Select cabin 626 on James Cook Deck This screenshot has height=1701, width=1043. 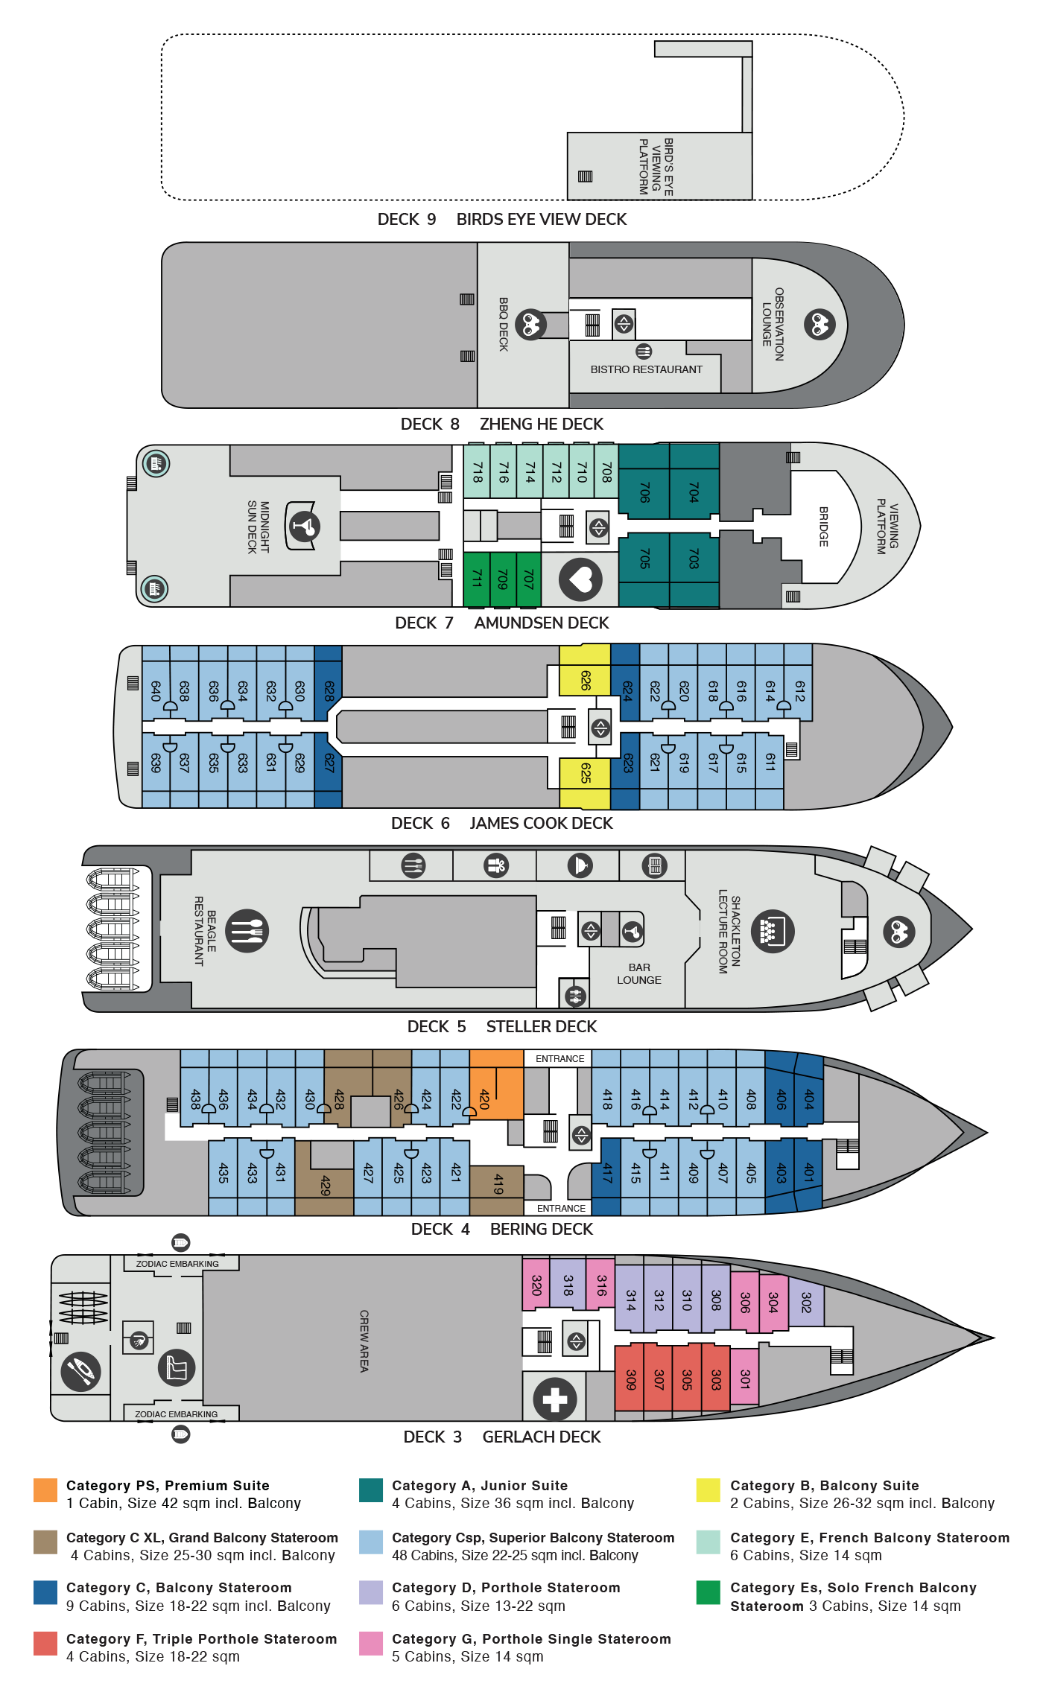tap(585, 681)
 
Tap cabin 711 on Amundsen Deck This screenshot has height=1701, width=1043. tap(477, 579)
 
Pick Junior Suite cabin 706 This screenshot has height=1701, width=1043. tap(644, 492)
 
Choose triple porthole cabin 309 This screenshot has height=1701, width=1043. tap(630, 1378)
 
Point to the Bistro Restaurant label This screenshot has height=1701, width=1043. tap(647, 369)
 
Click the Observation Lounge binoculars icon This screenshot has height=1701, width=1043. tap(819, 325)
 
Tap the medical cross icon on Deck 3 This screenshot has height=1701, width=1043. tap(555, 1399)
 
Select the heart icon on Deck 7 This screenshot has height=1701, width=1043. tap(580, 579)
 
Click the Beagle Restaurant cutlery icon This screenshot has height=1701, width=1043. tap(247, 931)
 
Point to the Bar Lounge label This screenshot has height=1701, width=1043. tap(639, 973)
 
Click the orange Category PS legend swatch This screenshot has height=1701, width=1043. tap(45, 1490)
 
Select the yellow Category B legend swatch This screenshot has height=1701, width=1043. tap(708, 1490)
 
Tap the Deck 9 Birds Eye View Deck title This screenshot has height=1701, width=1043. tap(502, 219)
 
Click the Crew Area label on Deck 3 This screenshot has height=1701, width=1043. tap(364, 1341)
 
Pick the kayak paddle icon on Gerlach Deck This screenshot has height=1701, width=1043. tap(80, 1372)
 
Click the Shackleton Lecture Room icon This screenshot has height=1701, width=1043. tap(773, 931)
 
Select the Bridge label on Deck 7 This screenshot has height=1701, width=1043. tap(823, 527)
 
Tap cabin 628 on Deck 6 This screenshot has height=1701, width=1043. tap(329, 690)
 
